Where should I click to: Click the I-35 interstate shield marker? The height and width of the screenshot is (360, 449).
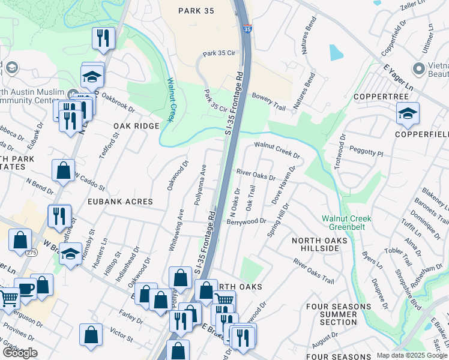(x=248, y=28)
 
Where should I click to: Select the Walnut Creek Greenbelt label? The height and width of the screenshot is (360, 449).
(x=346, y=223)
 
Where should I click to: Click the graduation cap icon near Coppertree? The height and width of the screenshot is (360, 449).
(x=408, y=113)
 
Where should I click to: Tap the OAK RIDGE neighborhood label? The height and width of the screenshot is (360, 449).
(x=136, y=126)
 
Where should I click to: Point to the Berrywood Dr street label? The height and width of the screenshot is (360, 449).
(x=246, y=221)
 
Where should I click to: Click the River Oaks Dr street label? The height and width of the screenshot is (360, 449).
(x=256, y=175)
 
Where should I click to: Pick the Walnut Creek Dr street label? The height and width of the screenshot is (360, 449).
(x=277, y=149)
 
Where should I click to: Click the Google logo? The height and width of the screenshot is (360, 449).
(x=20, y=353)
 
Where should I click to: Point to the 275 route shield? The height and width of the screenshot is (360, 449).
(x=31, y=254)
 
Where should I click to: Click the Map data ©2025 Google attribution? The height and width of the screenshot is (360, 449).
(x=412, y=355)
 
